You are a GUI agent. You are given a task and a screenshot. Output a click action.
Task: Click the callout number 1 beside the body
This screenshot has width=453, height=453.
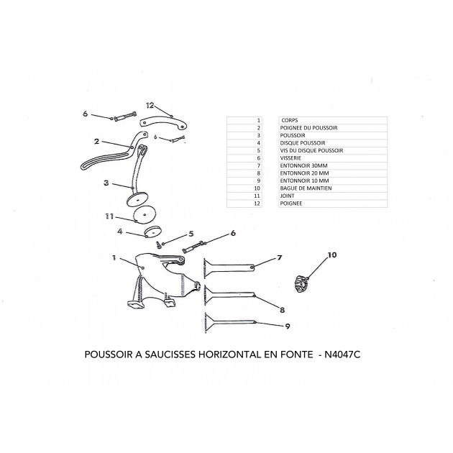[x=114, y=257]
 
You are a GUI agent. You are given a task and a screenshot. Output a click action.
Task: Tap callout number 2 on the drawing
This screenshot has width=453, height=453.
[x=96, y=142]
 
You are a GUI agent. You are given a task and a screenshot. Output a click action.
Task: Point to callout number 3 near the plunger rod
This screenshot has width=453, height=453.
[x=106, y=183]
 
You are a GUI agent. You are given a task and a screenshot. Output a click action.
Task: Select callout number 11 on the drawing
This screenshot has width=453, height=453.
[x=110, y=215]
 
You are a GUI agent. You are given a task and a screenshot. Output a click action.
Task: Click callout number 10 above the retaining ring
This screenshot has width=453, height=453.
[x=332, y=255]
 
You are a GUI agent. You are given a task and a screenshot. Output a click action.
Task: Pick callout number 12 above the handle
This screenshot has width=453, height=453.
[x=150, y=106]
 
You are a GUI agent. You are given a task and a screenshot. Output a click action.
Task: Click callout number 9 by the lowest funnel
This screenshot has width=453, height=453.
[x=287, y=326]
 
